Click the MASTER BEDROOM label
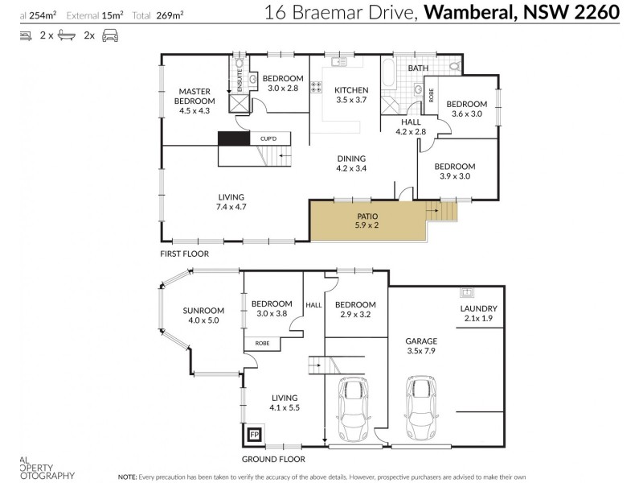tap(195, 101)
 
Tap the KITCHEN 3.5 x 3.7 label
tap(351, 95)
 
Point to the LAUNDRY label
tap(478, 313)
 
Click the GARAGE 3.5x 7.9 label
tap(420, 346)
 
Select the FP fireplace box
tap(255, 436)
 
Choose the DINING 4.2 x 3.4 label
tap(351, 163)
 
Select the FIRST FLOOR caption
tap(184, 254)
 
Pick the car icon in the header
tap(110, 36)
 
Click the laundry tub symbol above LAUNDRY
tap(466, 291)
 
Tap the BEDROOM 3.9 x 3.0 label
tap(455, 171)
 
